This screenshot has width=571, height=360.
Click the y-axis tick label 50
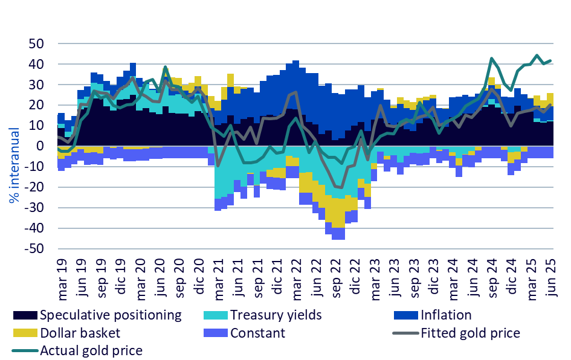36,44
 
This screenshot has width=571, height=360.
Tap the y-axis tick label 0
40,146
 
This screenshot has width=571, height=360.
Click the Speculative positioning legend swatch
24,315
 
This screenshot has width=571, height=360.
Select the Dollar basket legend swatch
24,333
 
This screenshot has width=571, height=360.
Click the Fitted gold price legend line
404,333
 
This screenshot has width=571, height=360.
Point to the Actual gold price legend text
91,350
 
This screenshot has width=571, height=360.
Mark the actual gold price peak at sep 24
492,59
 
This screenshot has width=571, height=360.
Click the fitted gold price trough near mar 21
218,166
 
